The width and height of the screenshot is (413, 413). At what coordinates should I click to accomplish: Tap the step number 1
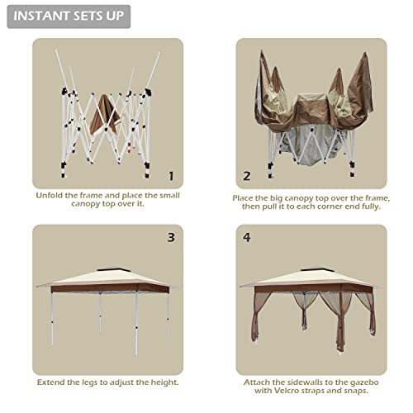point(171,176)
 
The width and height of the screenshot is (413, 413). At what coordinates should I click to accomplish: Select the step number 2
point(247,176)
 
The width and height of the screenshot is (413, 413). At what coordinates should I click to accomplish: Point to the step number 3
point(171,237)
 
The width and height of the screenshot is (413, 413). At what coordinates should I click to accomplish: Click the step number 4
point(247,237)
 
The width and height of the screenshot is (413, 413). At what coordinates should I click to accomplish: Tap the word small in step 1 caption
point(169,195)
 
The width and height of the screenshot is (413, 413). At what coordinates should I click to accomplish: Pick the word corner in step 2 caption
point(327,206)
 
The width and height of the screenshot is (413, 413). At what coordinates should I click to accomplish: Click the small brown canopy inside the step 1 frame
point(104,115)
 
